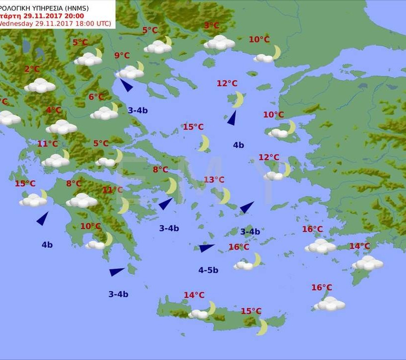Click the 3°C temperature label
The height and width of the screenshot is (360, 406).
(x=211, y=26)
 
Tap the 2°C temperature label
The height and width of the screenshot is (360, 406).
(x=32, y=69)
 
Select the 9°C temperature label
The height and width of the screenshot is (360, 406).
(x=122, y=56)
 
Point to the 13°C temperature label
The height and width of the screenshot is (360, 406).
(x=214, y=180)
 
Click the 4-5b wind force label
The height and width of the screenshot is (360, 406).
(x=208, y=270)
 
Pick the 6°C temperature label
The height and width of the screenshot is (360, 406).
(x=97, y=97)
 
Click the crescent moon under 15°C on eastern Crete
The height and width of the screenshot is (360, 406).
(x=262, y=327)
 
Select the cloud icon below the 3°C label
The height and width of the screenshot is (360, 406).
(x=219, y=43)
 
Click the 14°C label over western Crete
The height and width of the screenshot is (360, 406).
(x=194, y=296)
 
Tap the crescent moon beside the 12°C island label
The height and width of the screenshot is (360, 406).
(x=238, y=100)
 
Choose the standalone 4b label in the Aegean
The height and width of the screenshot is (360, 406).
(x=238, y=145)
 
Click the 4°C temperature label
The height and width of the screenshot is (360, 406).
(x=53, y=110)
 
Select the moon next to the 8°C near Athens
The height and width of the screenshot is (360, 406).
(x=171, y=186)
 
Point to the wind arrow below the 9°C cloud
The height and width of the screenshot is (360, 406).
(x=127, y=85)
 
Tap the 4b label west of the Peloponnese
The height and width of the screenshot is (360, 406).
(x=47, y=245)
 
